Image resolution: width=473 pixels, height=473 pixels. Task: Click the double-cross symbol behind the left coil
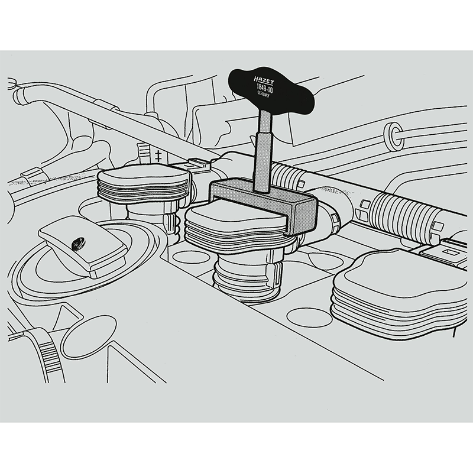(x=158, y=156)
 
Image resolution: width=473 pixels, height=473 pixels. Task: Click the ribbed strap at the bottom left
(x=50, y=355)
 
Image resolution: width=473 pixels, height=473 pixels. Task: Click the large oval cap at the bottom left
(x=89, y=337)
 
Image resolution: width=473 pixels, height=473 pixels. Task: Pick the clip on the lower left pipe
(x=28, y=174)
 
